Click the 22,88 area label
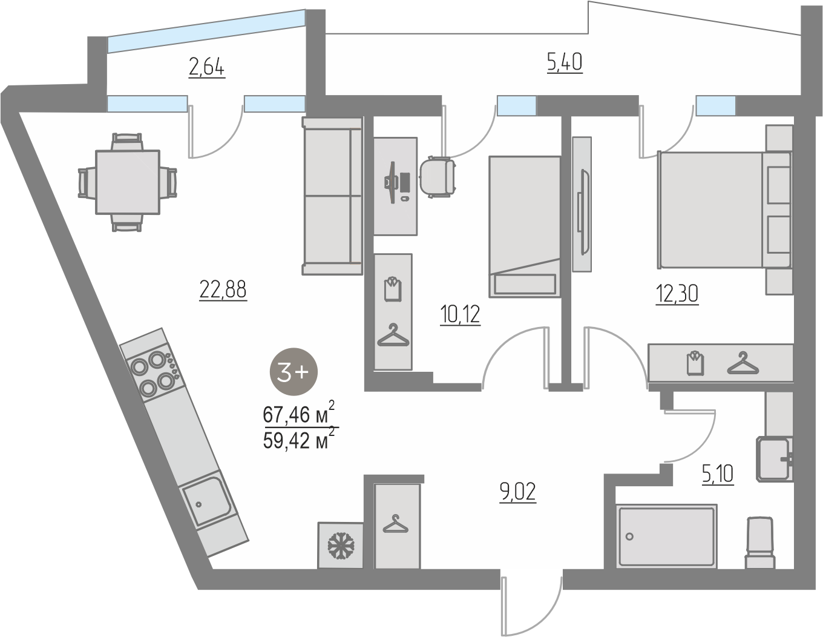pos(223,290)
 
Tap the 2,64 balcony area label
pos(207,68)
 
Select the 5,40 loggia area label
pos(565,63)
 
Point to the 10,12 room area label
pos(460,315)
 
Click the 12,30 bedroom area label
pos(677,294)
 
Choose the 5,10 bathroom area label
pos(718,474)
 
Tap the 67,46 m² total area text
pos(299,413)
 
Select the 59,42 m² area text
pos(299,439)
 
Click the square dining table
pos(128,182)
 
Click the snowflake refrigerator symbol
pos(341,546)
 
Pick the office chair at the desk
pos(438,177)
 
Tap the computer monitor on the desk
pos(392,182)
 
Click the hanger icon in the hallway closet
pos(395,524)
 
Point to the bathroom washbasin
pos(774,459)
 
